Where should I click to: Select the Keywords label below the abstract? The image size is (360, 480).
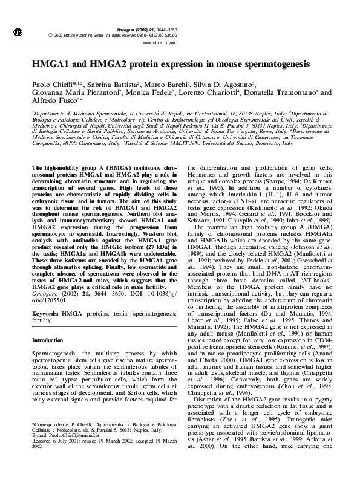click(x=44, y=314)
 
